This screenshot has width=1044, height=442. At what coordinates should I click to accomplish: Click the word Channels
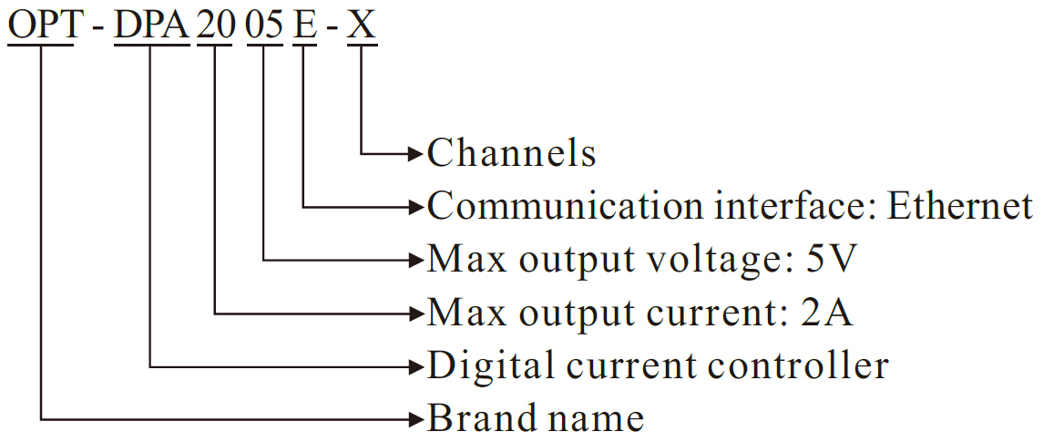[x=512, y=153]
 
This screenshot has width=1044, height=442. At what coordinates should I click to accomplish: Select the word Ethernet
[x=960, y=207]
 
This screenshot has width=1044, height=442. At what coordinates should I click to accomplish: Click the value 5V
[x=832, y=261]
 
